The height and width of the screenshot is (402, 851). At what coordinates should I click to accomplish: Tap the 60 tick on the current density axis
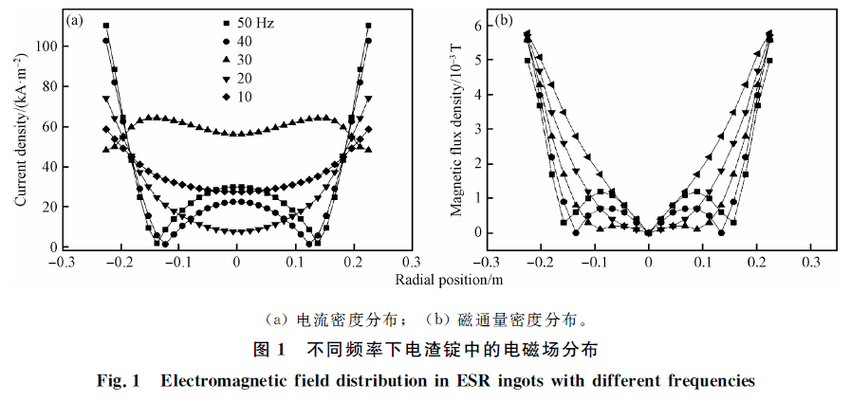(x=51, y=126)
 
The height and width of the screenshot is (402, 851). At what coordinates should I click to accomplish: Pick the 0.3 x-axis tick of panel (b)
(x=810, y=263)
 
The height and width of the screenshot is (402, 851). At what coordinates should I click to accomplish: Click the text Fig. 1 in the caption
(x=119, y=381)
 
